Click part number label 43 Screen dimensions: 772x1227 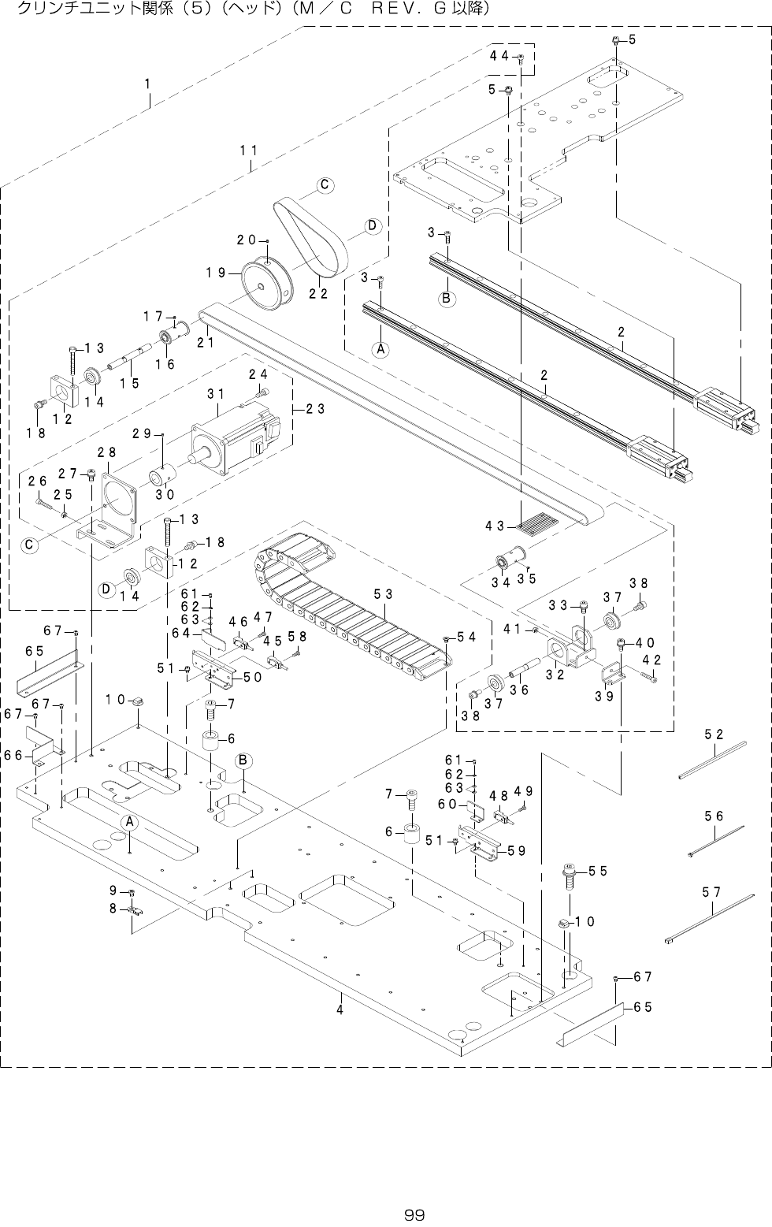click(x=495, y=526)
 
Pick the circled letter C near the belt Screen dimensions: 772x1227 click(x=325, y=184)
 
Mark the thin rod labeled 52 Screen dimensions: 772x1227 click(x=712, y=760)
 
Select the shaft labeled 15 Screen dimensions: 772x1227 click(x=130, y=358)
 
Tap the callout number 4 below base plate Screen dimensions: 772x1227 click(x=340, y=1009)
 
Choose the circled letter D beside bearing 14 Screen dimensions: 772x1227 click(x=106, y=589)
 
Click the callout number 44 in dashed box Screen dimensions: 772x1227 click(x=499, y=55)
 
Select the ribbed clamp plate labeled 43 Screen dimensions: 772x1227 click(x=534, y=526)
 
